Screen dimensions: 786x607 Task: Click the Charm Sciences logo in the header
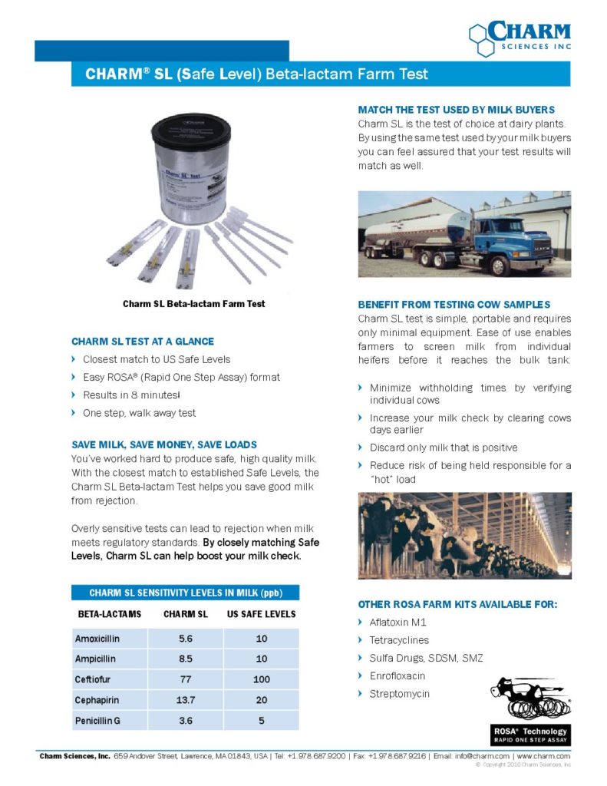point(520,38)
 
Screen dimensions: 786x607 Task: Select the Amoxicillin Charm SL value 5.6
point(186,639)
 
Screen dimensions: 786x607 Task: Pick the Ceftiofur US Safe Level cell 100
point(261,680)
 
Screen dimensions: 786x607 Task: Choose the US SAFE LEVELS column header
point(261,614)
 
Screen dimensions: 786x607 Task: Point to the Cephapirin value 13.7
point(186,701)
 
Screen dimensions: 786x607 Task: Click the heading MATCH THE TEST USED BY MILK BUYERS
point(456,110)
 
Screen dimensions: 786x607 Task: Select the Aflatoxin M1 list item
point(398,622)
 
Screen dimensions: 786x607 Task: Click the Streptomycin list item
point(399,694)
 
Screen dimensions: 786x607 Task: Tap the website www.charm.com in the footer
point(544,756)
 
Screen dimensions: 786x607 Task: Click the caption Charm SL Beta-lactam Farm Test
point(193,304)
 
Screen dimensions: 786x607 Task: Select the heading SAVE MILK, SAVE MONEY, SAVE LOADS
point(163,444)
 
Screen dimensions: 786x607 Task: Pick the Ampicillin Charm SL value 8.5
point(186,659)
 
